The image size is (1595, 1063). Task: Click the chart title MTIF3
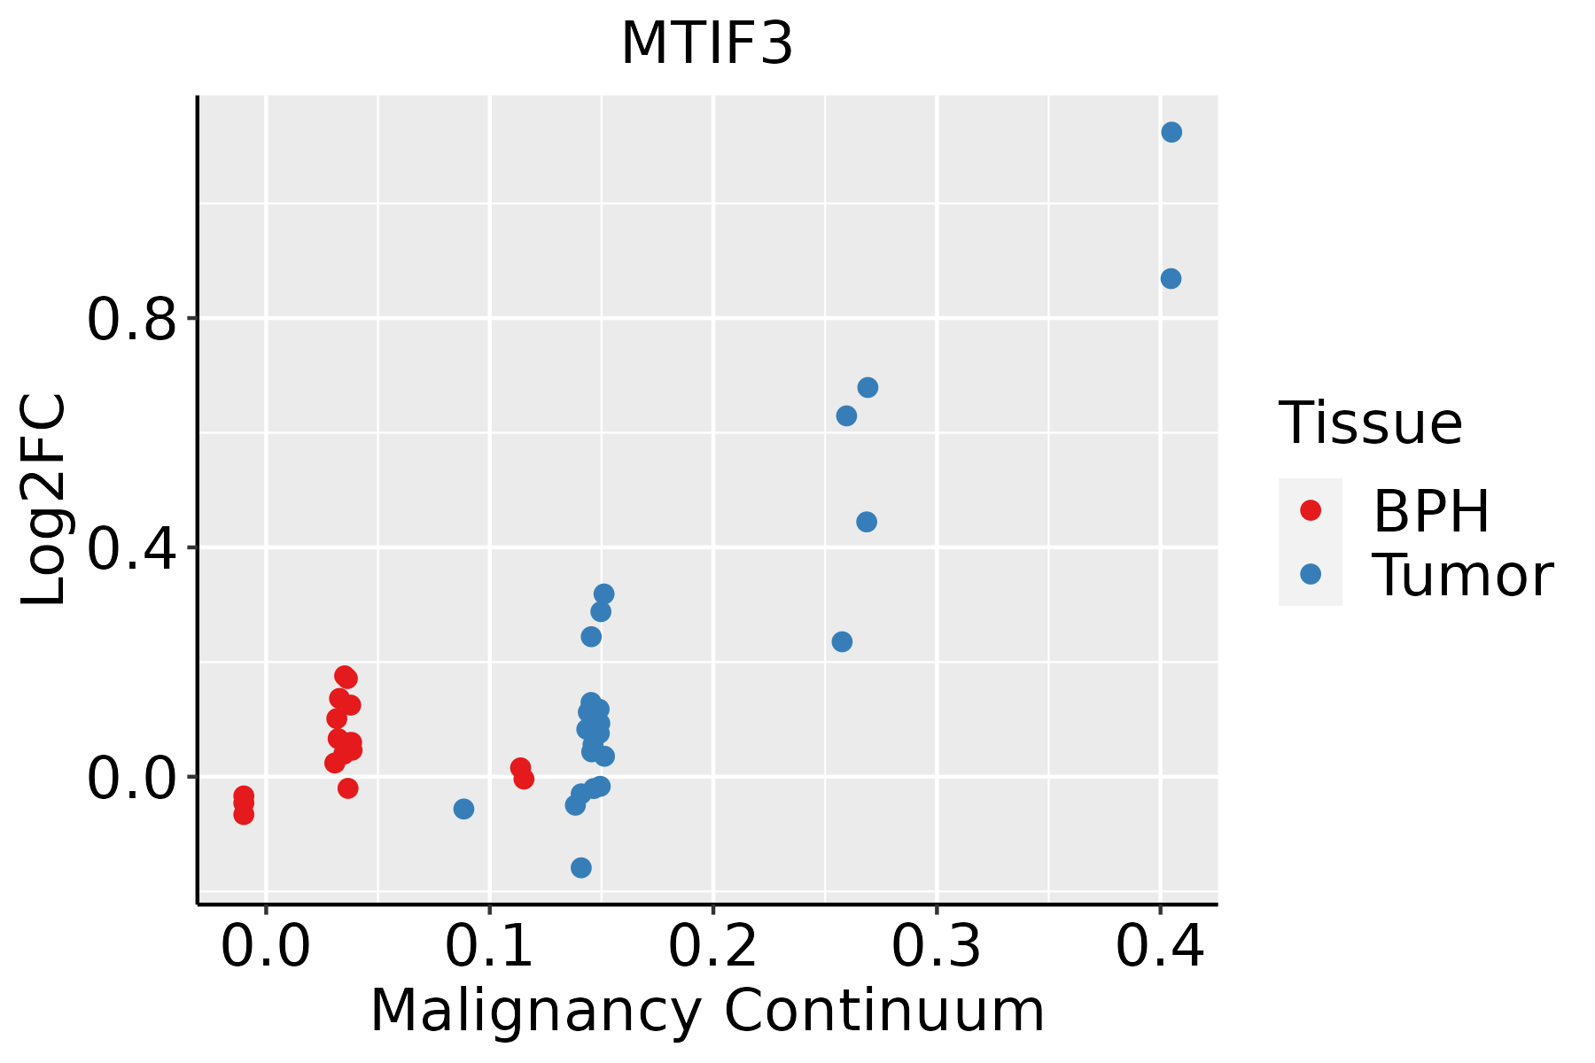click(x=706, y=44)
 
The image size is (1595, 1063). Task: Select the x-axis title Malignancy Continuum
click(x=706, y=1012)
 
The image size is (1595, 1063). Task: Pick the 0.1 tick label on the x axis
click(x=489, y=946)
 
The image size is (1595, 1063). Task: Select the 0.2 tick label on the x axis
click(x=712, y=946)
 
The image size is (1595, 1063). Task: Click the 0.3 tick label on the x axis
click(x=936, y=946)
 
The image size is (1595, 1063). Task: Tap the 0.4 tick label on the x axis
click(x=1159, y=946)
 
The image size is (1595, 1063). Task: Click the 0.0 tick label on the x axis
click(x=266, y=946)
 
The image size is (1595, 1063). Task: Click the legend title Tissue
click(x=1371, y=423)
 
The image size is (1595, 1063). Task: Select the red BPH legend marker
click(x=1310, y=510)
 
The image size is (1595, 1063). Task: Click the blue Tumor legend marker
click(x=1310, y=574)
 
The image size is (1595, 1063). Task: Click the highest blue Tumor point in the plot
click(x=1171, y=132)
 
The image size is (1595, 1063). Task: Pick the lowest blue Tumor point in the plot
click(x=581, y=867)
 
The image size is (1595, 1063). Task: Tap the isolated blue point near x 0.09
click(x=463, y=809)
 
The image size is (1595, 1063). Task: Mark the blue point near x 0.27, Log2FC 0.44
click(x=867, y=522)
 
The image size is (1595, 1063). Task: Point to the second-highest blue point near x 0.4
click(x=1171, y=279)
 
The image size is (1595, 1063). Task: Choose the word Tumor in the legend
click(x=1462, y=576)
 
